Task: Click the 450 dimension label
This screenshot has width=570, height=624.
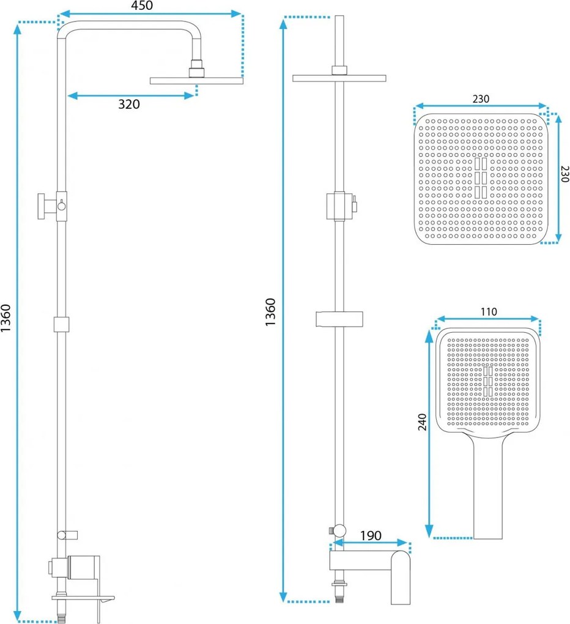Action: [142, 6]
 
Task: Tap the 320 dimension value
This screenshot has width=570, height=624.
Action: [129, 104]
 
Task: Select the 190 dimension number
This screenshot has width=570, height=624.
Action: [371, 536]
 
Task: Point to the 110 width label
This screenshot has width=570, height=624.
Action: [489, 311]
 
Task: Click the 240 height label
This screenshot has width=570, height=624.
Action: [423, 422]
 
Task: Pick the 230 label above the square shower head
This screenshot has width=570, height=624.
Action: [481, 98]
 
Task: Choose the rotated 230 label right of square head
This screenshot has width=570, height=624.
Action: [564, 174]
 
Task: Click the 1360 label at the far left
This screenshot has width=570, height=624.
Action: [6, 318]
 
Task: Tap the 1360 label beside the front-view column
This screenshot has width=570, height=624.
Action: [270, 313]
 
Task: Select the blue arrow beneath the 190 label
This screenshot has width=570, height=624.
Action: [371, 543]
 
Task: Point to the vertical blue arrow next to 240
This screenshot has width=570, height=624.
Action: [429, 434]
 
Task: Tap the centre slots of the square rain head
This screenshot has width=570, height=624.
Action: [481, 178]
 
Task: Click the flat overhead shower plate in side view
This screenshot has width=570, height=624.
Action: [196, 81]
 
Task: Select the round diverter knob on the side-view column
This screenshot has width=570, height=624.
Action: [62, 206]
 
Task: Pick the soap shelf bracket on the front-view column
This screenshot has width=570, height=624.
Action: [339, 319]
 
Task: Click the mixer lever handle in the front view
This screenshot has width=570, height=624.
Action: [401, 577]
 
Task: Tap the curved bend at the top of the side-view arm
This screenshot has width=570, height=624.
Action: [64, 28]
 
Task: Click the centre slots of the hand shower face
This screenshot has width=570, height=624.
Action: [488, 382]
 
